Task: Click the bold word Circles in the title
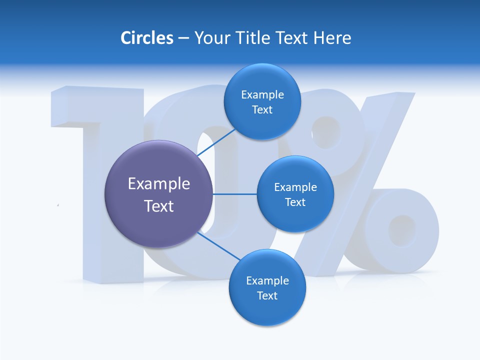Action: point(146,38)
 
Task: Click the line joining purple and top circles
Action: point(216,141)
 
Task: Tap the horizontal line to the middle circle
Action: point(234,194)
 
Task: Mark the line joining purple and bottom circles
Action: point(219,246)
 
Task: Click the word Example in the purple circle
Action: point(159,184)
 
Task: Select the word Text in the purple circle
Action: point(159,206)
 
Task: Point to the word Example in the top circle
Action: point(262,95)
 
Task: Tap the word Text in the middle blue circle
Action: point(295,202)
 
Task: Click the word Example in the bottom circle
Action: point(267,281)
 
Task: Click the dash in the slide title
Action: point(183,38)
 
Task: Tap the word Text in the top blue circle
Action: point(262,110)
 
